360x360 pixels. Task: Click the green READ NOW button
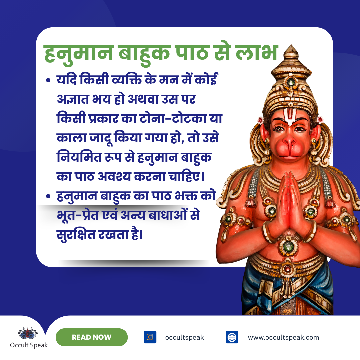(x=91, y=337)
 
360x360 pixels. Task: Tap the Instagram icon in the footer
(x=150, y=337)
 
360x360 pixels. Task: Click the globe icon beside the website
(x=232, y=337)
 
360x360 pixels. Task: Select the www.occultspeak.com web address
(x=283, y=337)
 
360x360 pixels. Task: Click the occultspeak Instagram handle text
(x=184, y=337)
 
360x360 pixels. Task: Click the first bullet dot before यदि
(x=49, y=81)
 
